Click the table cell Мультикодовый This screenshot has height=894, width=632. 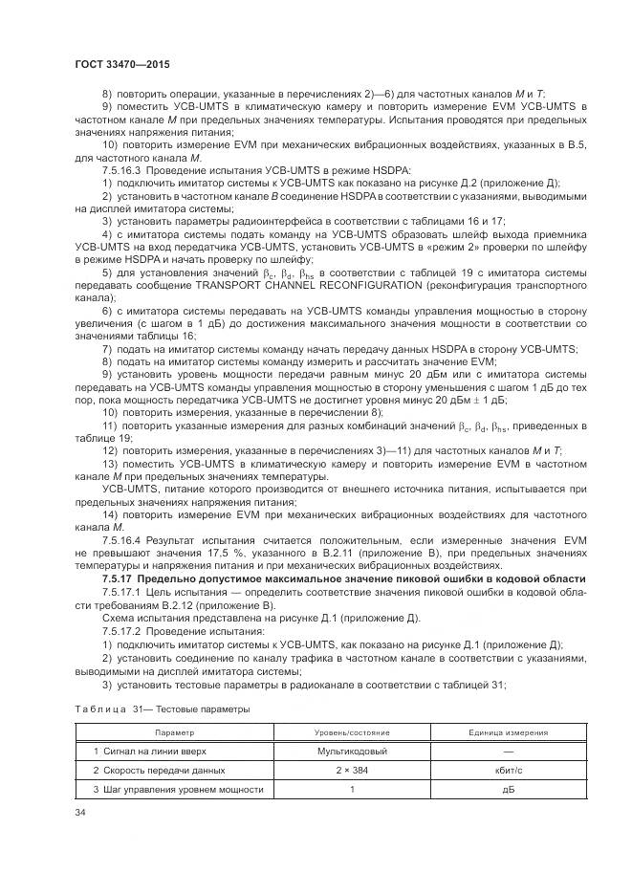(x=351, y=751)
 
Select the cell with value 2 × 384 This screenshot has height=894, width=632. (x=351, y=770)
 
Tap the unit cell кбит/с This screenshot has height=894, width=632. (x=508, y=770)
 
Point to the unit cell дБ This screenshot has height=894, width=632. (x=508, y=789)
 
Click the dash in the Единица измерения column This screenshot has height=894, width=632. (x=508, y=751)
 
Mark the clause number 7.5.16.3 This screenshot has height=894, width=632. (x=120, y=169)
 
